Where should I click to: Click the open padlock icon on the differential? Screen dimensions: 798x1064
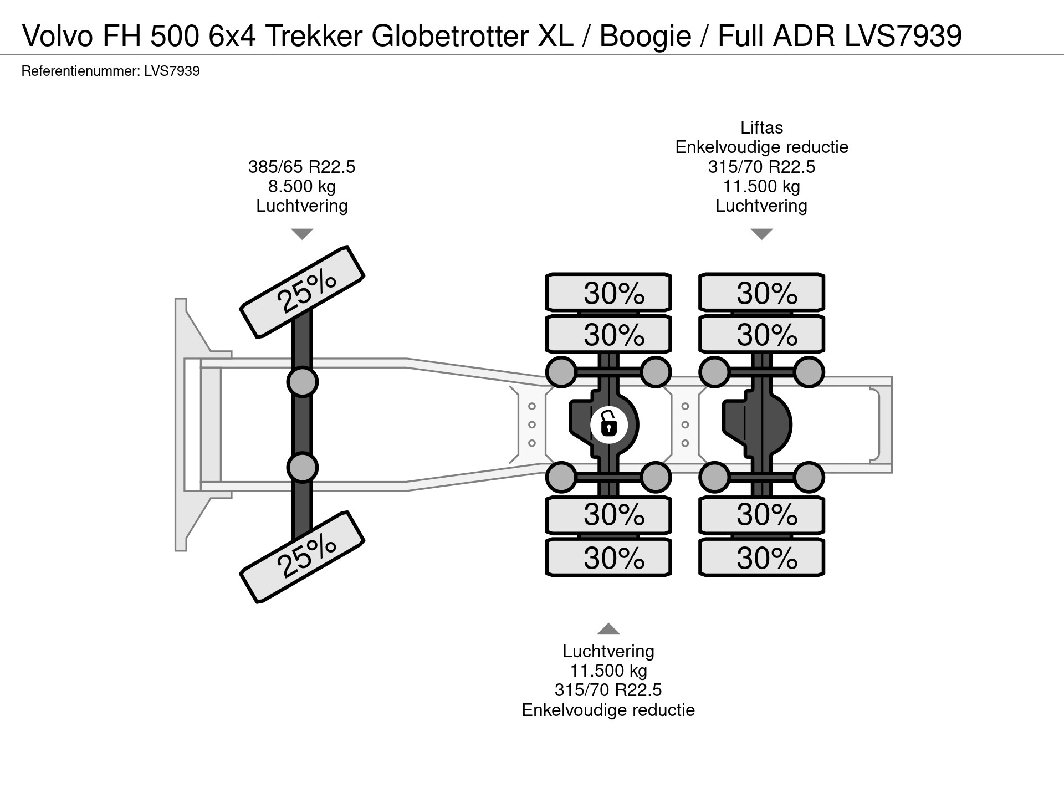pyautogui.click(x=608, y=425)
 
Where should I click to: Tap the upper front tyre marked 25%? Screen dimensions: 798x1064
pyautogui.click(x=302, y=292)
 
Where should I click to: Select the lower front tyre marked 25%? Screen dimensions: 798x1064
pyautogui.click(x=302, y=557)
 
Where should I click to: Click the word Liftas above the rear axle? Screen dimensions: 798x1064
pyautogui.click(x=761, y=128)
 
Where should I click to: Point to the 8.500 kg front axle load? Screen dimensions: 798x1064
pyautogui.click(x=302, y=186)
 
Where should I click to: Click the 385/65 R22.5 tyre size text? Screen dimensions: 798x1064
pyautogui.click(x=302, y=167)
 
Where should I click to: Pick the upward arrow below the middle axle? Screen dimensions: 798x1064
pyautogui.click(x=608, y=628)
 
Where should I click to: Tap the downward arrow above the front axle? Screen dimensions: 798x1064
pyautogui.click(x=302, y=234)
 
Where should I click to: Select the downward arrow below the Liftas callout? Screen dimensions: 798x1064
pyautogui.click(x=761, y=234)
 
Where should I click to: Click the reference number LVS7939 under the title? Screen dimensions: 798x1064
pyautogui.click(x=171, y=71)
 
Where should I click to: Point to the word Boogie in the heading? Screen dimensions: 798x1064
pyautogui.click(x=646, y=37)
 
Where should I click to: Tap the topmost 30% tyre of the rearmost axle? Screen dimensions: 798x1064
pyautogui.click(x=761, y=292)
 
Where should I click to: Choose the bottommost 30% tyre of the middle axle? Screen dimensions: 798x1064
pyautogui.click(x=608, y=557)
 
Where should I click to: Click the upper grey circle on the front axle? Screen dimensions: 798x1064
pyautogui.click(x=302, y=381)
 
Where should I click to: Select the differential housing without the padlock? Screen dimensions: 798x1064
pyautogui.click(x=757, y=425)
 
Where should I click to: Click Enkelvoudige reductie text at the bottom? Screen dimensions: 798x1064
pyautogui.click(x=608, y=710)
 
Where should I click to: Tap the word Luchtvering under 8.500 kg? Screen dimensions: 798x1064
pyautogui.click(x=302, y=206)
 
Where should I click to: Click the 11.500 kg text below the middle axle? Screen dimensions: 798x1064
pyautogui.click(x=608, y=671)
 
